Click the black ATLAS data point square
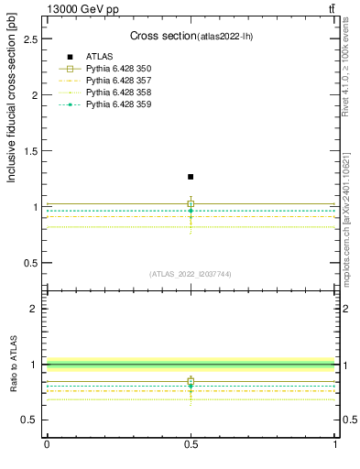click(191, 177)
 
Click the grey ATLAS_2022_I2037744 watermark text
click(191, 273)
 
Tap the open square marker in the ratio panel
click(191, 381)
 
